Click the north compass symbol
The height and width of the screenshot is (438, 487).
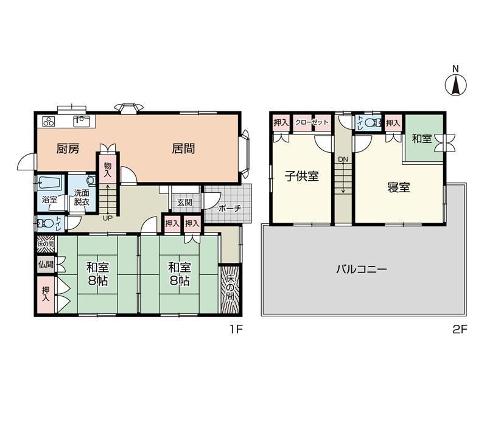455,85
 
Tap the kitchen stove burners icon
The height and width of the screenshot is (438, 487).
49,121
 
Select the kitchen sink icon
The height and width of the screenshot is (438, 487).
82,120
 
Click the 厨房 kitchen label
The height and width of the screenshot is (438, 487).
68,148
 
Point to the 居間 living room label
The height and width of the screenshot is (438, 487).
184,148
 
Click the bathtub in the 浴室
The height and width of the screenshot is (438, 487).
51,183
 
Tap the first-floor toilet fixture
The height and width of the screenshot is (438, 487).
45,223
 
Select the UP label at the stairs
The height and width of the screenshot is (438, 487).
108,218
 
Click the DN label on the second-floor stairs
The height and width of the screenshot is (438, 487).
343,159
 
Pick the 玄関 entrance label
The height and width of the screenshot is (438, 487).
184,203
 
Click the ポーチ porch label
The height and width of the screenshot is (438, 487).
229,209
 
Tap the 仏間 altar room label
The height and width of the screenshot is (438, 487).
46,265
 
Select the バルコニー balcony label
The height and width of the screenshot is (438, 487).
362,269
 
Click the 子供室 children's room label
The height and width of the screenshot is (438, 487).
301,176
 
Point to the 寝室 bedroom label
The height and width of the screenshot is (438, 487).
399,187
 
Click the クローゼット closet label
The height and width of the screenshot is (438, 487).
312,122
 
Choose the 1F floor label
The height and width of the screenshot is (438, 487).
236,329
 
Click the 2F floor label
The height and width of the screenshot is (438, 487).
460,329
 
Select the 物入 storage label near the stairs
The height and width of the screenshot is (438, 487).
108,170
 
